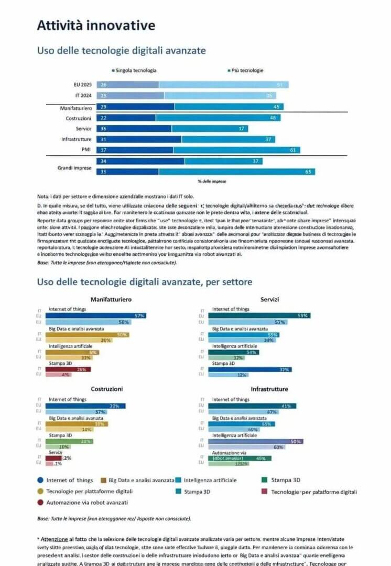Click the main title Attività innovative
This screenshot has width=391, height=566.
click(x=96, y=25)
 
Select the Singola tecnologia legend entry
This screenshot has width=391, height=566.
click(x=135, y=70)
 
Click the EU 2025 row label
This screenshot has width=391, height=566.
click(x=83, y=84)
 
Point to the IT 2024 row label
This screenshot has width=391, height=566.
click(x=83, y=95)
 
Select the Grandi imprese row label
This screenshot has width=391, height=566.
click(x=74, y=168)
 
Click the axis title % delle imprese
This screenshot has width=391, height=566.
click(x=212, y=181)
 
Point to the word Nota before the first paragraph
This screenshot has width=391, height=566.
click(x=42, y=195)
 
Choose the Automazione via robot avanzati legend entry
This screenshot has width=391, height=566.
click(x=86, y=502)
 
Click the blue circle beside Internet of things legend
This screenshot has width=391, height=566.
click(x=40, y=480)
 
